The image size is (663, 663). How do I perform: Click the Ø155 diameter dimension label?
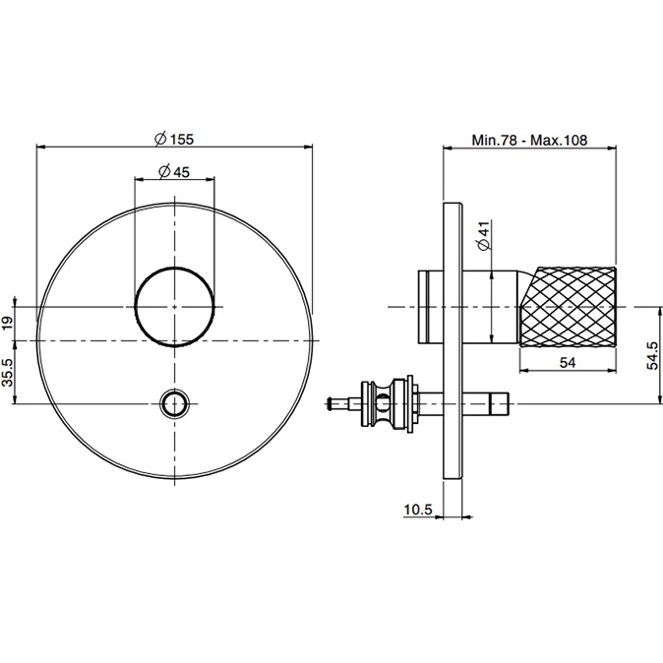(x=174, y=139)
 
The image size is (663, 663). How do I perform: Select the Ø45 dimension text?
(x=174, y=172)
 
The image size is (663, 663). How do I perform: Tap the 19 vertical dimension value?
(x=8, y=323)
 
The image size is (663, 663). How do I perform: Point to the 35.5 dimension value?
(x=8, y=372)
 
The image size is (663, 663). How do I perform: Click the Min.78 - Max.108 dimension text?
(x=529, y=140)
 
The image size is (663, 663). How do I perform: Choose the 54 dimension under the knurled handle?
(x=568, y=362)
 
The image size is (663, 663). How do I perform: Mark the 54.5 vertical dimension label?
(x=653, y=355)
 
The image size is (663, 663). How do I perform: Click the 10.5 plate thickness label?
(x=418, y=510)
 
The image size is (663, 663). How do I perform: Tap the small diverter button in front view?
(x=175, y=403)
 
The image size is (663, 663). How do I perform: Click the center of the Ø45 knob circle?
(x=175, y=307)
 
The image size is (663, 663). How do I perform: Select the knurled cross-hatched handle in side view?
(x=568, y=307)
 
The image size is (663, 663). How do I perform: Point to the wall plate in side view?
(x=453, y=340)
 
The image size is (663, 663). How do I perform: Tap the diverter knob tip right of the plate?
(x=499, y=404)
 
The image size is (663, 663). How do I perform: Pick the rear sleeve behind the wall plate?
(x=431, y=307)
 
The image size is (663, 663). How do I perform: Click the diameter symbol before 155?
(x=160, y=139)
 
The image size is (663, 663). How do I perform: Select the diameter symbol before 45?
(x=164, y=172)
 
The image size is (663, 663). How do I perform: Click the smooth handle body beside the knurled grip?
(x=491, y=307)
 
